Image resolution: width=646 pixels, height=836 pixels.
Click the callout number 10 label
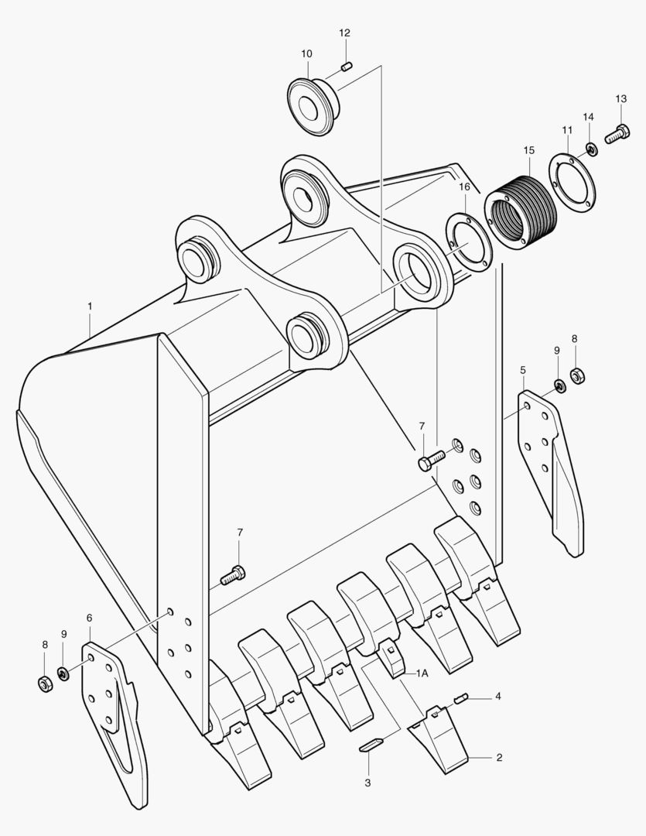click(x=306, y=53)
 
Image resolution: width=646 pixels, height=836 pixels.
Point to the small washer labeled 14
click(x=591, y=148)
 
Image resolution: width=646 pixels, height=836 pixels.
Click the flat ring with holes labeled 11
click(x=573, y=184)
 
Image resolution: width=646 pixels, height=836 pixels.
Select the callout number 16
click(x=464, y=187)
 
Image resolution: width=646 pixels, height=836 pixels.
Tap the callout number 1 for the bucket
click(x=90, y=307)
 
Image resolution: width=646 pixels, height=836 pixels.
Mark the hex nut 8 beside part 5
click(x=576, y=376)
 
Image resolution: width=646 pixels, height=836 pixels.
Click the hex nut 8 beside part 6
click(x=46, y=684)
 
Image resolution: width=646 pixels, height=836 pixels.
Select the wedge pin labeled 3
click(x=371, y=745)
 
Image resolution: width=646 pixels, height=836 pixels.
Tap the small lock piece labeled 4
click(x=462, y=698)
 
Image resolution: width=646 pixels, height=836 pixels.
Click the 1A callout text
click(x=422, y=673)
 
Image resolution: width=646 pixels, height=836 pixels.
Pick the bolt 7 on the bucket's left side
click(x=233, y=574)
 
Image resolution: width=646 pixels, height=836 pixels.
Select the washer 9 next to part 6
click(x=64, y=673)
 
